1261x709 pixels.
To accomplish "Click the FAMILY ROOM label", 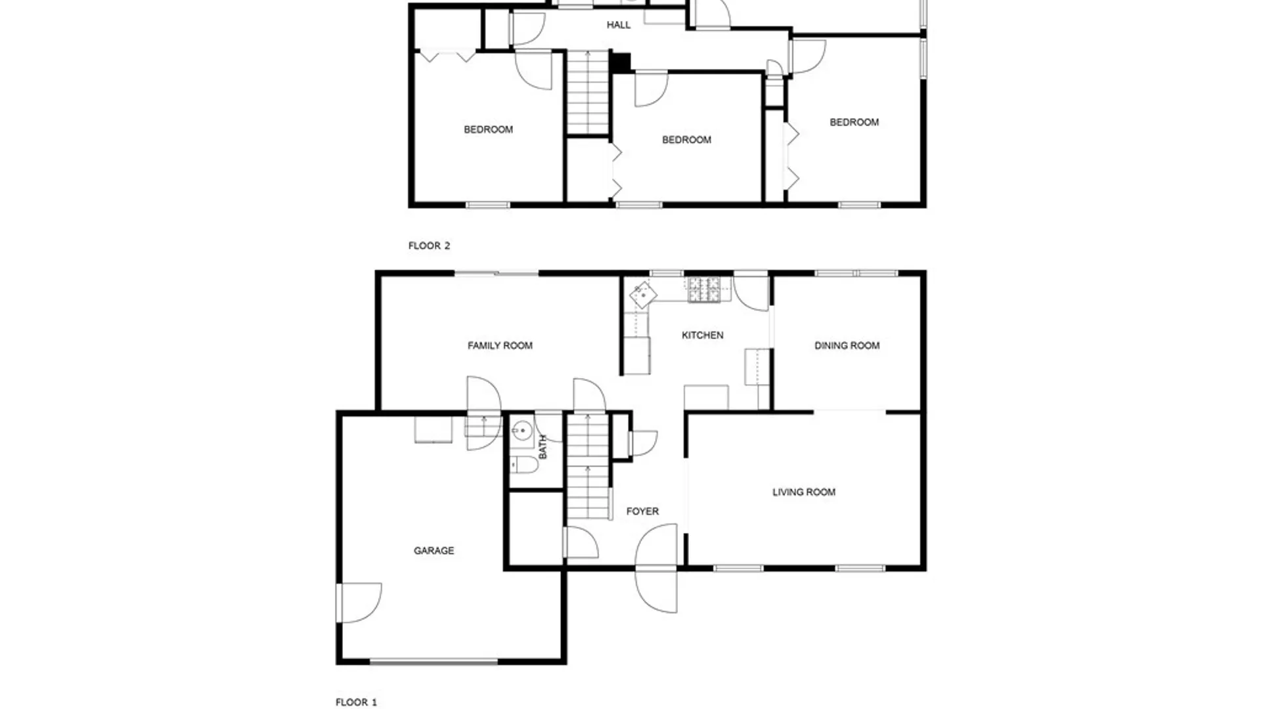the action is [500, 345].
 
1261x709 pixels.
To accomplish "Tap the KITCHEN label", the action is [702, 335].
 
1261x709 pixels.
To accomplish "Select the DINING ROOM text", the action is [847, 345].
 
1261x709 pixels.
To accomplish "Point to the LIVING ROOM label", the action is [804, 492].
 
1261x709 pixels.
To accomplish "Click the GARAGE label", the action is [433, 550].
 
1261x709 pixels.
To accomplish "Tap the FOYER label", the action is [642, 511].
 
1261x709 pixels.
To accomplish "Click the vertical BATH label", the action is [542, 446].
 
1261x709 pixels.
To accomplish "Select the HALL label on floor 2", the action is [618, 25].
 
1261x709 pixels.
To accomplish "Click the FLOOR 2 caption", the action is [429, 246].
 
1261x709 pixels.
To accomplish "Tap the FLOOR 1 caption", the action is [356, 702].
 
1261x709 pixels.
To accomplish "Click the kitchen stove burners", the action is [703, 290].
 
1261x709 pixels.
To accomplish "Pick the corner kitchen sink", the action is [643, 295].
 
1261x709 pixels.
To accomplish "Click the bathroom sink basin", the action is [522, 431].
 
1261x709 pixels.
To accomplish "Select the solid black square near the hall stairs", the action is [620, 62].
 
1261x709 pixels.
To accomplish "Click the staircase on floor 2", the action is [588, 93].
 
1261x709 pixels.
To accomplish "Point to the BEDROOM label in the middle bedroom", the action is [686, 140].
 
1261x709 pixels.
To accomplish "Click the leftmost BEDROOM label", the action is [488, 129].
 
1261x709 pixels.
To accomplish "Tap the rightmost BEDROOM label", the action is [854, 122].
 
